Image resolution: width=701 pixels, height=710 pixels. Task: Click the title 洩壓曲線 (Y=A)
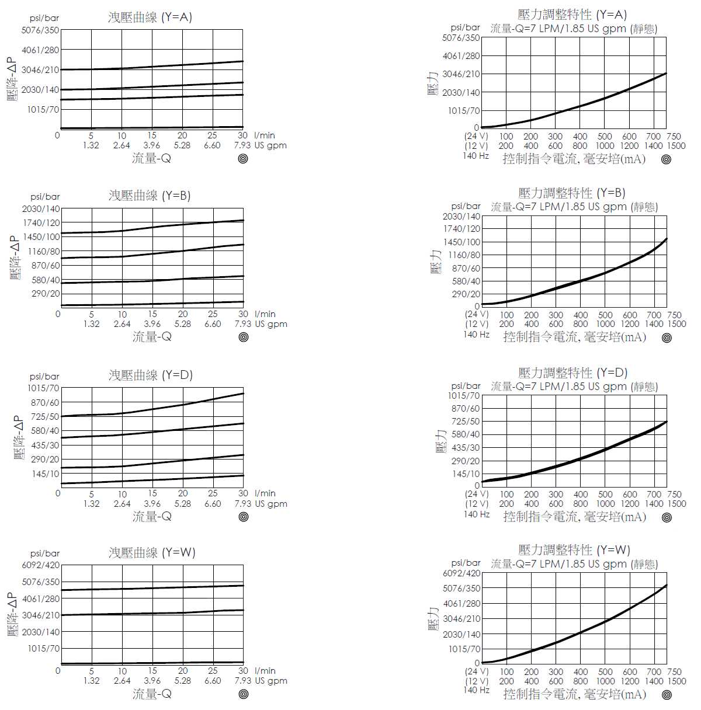point(150,17)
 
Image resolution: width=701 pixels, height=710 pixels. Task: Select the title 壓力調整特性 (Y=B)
point(571,193)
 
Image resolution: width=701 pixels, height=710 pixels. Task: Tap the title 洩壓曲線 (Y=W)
point(152,552)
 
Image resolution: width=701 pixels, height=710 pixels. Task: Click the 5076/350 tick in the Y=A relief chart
point(40,30)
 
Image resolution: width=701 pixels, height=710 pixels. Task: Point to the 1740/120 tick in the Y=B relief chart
point(41,222)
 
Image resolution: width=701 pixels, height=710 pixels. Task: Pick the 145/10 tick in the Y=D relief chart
point(46,474)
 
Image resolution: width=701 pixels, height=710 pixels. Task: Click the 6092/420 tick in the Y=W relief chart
point(41,565)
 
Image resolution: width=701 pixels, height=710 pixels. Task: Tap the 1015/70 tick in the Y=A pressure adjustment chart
point(464,110)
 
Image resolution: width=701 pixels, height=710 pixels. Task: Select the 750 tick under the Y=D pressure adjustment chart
point(674,494)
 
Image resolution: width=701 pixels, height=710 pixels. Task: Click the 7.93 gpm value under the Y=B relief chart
point(243,324)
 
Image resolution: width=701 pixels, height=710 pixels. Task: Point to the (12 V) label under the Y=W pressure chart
point(477,681)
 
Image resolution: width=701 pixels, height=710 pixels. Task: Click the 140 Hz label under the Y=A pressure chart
point(476,156)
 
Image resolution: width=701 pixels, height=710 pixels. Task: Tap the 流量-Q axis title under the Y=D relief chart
point(152,516)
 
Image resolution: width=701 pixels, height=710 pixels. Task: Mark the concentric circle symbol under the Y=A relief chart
point(243,158)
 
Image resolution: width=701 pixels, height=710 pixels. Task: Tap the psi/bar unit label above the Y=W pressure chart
point(466,562)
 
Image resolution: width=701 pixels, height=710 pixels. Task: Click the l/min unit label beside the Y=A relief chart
point(265,135)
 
